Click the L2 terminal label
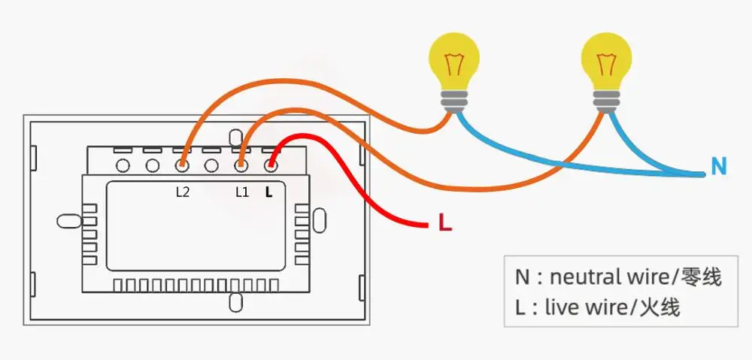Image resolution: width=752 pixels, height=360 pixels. point(182,192)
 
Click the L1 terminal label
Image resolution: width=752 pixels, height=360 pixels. point(242,192)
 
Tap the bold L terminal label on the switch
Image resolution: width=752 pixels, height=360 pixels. point(268,192)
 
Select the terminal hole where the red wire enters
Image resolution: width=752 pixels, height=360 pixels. point(271,166)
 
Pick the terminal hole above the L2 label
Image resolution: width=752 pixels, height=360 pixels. point(182,166)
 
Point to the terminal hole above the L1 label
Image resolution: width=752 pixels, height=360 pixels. point(241,166)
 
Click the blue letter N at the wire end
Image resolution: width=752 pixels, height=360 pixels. point(719,166)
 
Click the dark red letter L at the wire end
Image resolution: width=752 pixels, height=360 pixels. point(445,223)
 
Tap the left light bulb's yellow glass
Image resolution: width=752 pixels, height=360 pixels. point(454,60)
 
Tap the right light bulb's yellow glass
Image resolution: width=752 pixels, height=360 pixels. point(606,60)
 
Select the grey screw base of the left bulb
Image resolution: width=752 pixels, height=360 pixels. point(453,101)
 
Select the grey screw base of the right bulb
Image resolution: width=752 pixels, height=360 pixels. point(606,101)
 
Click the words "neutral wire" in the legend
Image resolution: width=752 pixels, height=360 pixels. point(610,277)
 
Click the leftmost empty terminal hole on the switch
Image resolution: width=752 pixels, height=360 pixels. point(123,166)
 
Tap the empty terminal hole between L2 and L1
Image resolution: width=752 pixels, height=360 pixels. point(211,166)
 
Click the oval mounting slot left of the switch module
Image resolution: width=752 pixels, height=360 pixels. point(69,221)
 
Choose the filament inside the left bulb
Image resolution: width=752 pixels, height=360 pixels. point(453,64)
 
